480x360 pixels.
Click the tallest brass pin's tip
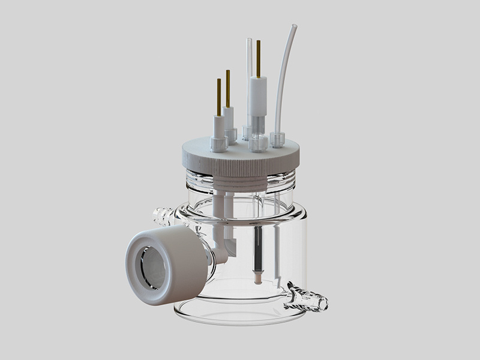point(258,43)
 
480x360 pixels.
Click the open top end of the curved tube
point(293,28)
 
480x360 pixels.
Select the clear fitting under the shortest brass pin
point(217,143)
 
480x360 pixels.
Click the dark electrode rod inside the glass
point(257,252)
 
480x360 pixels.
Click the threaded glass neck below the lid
point(240,180)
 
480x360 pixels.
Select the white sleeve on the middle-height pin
point(229,117)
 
